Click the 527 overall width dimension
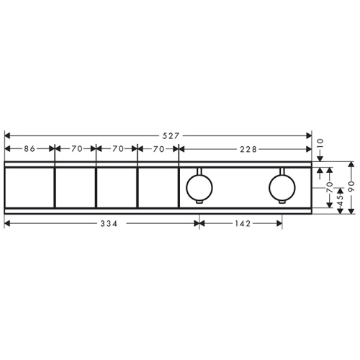click(171, 136)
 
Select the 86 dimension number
click(30, 149)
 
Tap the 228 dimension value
click(248, 149)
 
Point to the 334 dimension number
click(109, 224)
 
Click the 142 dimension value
click(243, 224)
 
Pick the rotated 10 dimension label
click(320, 144)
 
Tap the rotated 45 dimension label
click(341, 198)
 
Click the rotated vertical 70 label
click(330, 187)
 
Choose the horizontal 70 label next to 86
click(77, 149)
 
